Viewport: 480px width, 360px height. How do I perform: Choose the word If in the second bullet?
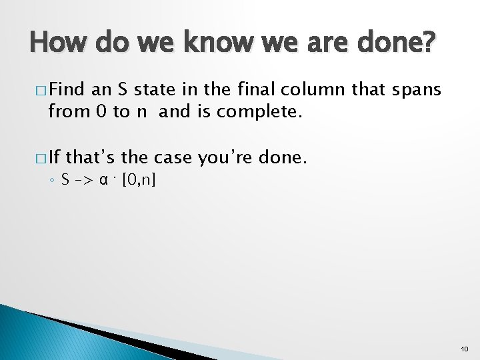tap(55, 157)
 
